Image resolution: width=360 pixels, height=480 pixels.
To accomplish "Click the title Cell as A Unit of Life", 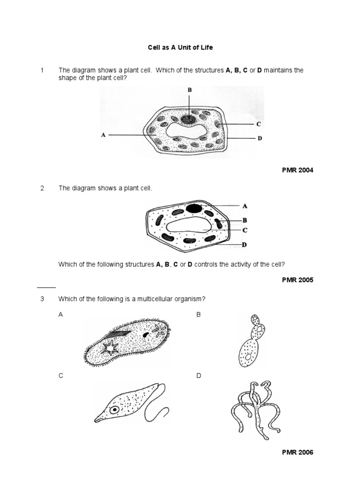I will pyautogui.click(x=180, y=48).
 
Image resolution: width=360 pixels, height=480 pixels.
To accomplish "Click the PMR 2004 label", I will pyautogui.click(x=297, y=170).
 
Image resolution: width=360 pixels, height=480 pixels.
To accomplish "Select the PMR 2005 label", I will pyautogui.click(x=297, y=280).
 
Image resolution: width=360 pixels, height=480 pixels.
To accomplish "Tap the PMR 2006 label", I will pyautogui.click(x=297, y=452).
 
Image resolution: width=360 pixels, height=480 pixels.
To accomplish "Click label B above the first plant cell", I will pyautogui.click(x=189, y=90).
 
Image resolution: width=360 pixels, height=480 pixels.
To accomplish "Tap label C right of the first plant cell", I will pyautogui.click(x=258, y=124).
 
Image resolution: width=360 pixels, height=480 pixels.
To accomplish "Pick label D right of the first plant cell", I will pyautogui.click(x=259, y=139).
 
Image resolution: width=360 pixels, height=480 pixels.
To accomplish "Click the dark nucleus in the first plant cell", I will pyautogui.click(x=189, y=118).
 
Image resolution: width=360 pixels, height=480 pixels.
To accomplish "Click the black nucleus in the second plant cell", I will pyautogui.click(x=194, y=207).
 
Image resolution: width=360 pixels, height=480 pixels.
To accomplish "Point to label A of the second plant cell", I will pyautogui.click(x=245, y=206).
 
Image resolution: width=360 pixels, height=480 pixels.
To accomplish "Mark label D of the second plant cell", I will pyautogui.click(x=244, y=245).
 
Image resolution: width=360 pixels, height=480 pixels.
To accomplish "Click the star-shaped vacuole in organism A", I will pyautogui.click(x=112, y=348).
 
